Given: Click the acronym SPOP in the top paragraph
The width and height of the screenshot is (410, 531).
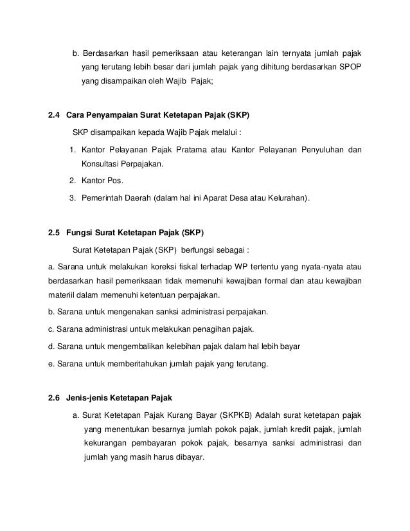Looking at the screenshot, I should [x=349, y=67].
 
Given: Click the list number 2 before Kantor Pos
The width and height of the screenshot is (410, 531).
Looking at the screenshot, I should [x=73, y=181].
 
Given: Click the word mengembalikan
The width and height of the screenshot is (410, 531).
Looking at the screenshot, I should [x=123, y=346].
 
